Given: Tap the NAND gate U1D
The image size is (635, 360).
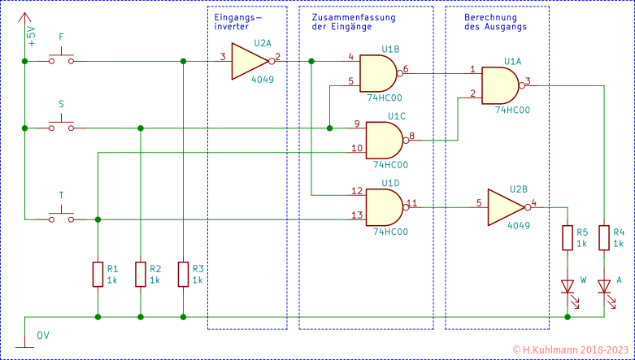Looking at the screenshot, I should click(x=383, y=206).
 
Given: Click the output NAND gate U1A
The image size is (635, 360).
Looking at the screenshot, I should click(x=502, y=84).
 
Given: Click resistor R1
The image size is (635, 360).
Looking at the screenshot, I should click(x=98, y=274).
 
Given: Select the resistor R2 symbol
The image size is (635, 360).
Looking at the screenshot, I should click(x=141, y=274).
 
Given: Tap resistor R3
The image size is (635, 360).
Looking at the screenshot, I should click(x=184, y=274).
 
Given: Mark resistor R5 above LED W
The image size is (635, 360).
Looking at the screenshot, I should click(x=568, y=237).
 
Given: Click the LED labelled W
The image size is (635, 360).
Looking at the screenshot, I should click(x=568, y=286).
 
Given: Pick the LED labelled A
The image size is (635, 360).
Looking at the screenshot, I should click(x=604, y=286).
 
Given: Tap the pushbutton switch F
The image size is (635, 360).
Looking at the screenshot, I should click(x=61, y=58).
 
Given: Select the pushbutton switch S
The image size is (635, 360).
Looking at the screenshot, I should click(x=61, y=125).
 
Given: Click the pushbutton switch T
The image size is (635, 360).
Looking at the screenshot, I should click(x=61, y=216).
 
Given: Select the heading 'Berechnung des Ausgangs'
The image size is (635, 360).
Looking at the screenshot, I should click(x=495, y=22).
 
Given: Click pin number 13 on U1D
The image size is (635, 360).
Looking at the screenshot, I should click(x=356, y=215).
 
